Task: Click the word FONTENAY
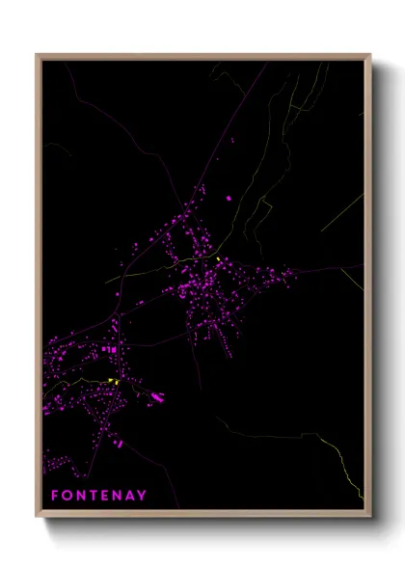tap(99, 496)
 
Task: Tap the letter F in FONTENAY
tap(54, 496)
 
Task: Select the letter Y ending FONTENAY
tap(143, 496)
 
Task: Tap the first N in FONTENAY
tap(79, 496)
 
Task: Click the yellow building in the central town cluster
tap(220, 259)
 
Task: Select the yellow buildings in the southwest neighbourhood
tap(114, 382)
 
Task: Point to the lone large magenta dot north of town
tap(229, 199)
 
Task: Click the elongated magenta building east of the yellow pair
tap(157, 395)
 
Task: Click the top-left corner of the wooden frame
tap(38, 55)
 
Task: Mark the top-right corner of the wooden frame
tap(369, 55)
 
